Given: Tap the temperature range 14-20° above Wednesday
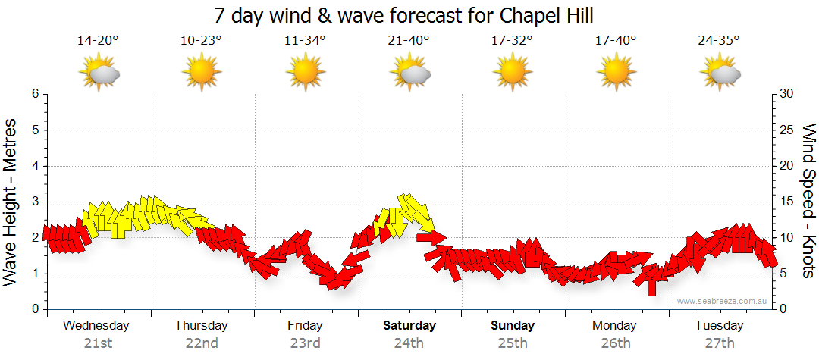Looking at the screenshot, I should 98,41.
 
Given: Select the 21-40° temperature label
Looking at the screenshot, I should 409,41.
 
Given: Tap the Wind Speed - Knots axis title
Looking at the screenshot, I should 807,202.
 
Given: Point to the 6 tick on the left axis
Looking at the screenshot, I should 35,94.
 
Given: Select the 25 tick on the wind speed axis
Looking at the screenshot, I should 788,130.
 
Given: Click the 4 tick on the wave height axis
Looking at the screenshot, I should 35,166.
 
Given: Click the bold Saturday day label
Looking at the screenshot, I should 409,326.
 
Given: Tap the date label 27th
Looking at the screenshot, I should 720,343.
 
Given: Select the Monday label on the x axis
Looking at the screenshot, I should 615,326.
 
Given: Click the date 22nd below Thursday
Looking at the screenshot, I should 201,343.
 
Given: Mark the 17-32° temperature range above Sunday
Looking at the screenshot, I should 513,41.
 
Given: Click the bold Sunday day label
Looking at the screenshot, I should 513,326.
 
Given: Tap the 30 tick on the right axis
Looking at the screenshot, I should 788,94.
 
